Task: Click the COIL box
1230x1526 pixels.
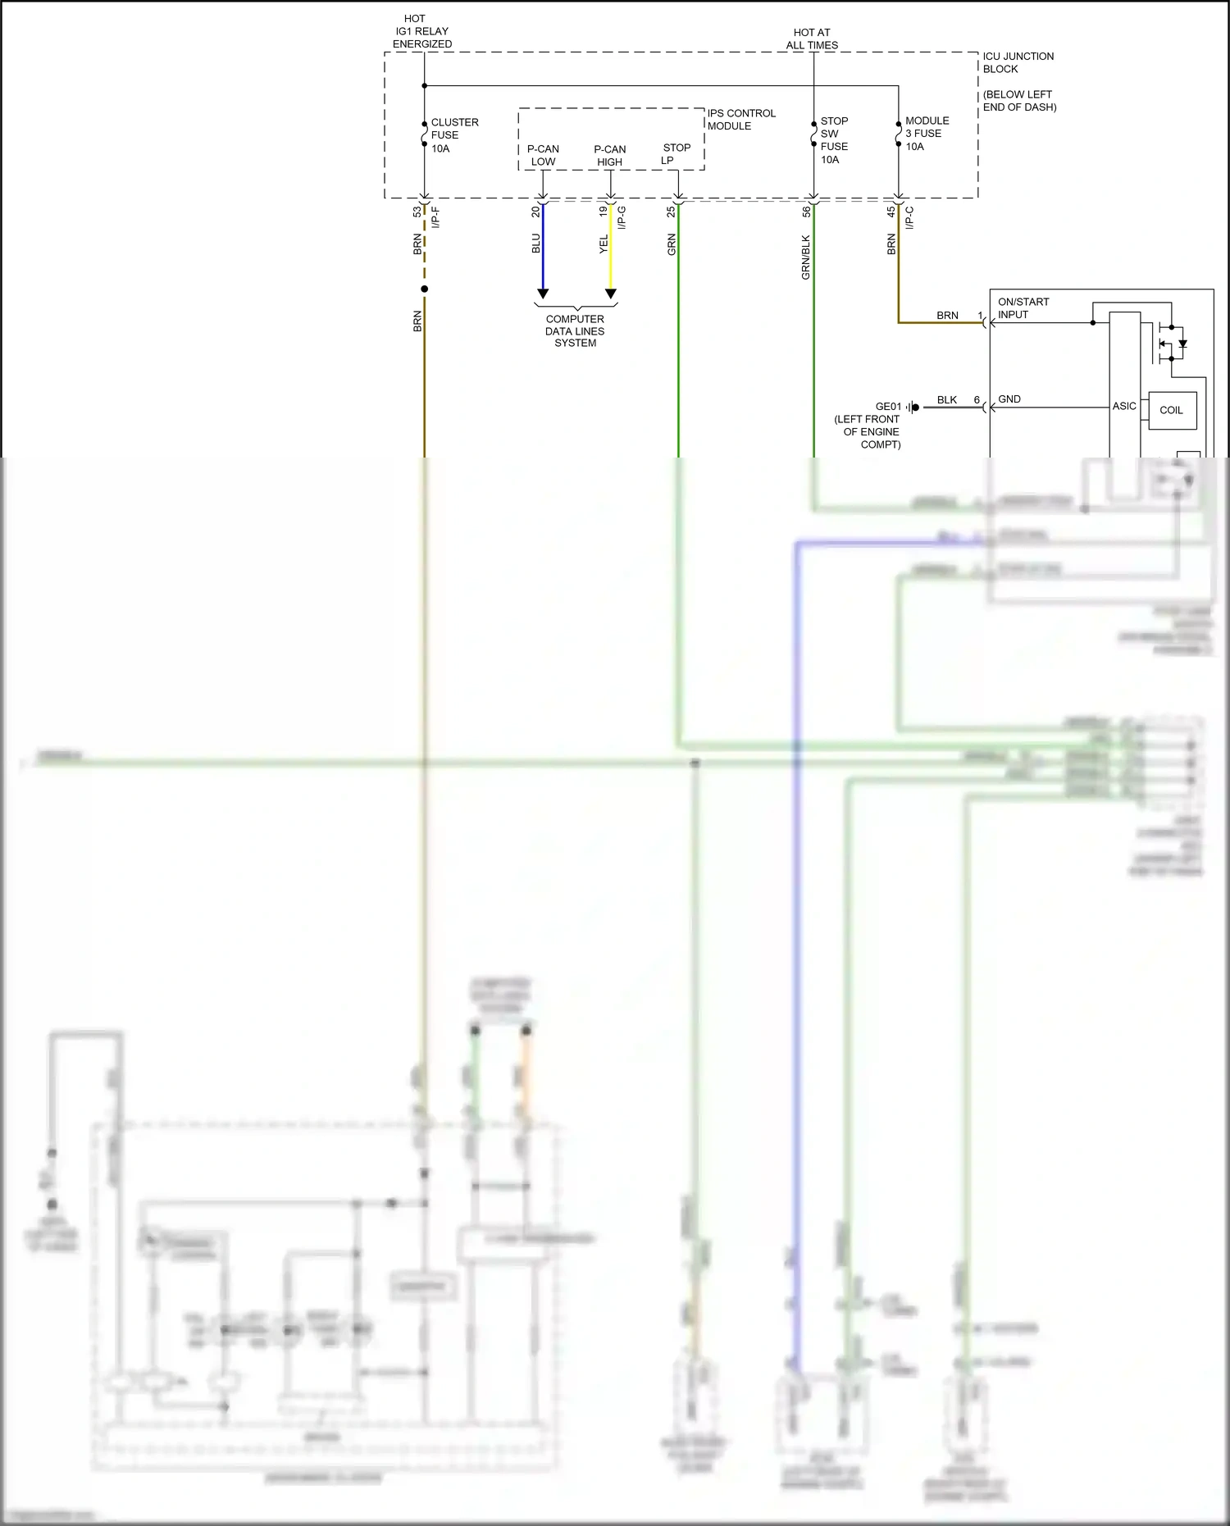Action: [1172, 410]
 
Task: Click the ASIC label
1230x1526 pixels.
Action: [1124, 406]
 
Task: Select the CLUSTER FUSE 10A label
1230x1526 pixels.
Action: [453, 135]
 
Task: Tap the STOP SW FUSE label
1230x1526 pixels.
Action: [834, 139]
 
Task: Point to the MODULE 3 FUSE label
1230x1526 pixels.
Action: [927, 133]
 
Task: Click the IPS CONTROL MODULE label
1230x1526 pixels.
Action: [740, 119]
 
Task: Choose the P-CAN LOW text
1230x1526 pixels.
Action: [543, 155]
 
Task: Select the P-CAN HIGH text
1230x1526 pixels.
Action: [609, 155]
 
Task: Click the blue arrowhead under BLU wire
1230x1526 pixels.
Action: [542, 294]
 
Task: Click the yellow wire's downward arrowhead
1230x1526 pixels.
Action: [610, 294]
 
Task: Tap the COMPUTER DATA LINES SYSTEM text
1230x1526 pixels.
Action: [575, 330]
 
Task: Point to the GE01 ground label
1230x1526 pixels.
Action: [888, 407]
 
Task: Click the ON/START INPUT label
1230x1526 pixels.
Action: [1023, 308]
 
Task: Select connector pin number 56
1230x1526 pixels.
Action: [806, 211]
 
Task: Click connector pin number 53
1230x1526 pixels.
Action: [417, 211]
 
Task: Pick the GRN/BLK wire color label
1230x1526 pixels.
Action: [805, 257]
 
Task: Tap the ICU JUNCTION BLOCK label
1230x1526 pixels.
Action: [1018, 62]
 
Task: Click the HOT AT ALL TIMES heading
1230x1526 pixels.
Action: [812, 39]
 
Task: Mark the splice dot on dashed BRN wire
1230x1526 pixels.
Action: [424, 289]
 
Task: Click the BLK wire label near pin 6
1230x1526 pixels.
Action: [947, 399]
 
